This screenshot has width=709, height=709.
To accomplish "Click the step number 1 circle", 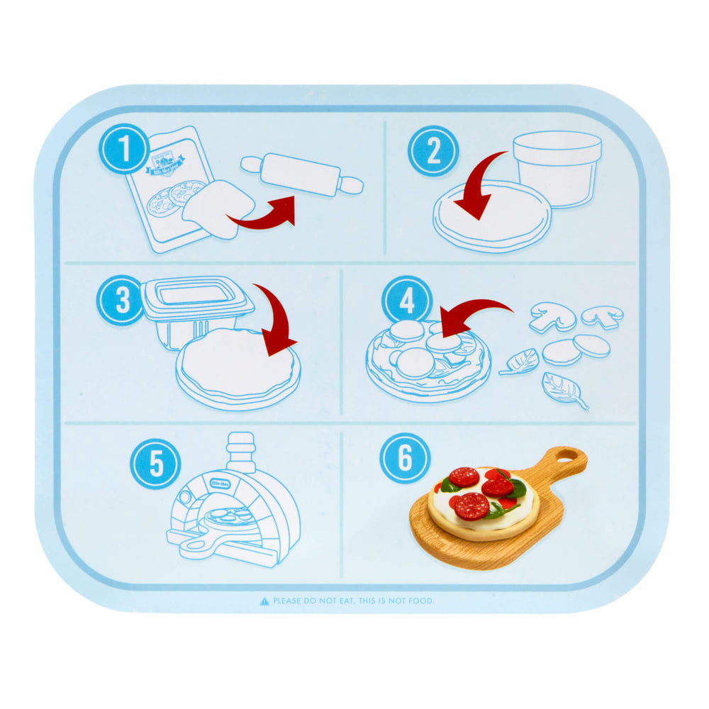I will [125, 150].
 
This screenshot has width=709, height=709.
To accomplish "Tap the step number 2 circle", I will [433, 150].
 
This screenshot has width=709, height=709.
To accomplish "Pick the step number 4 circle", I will [407, 301].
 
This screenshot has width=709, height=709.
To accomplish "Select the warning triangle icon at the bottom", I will [264, 601].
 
